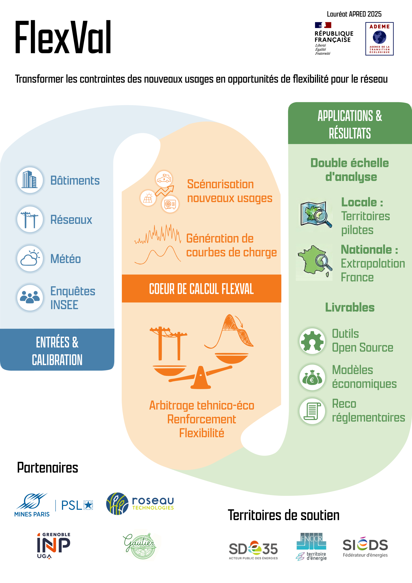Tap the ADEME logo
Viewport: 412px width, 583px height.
tap(379, 39)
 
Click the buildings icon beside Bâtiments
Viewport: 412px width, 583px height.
tap(30, 180)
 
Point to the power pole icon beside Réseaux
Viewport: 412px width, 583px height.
tap(30, 219)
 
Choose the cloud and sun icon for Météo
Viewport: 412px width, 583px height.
tap(30, 259)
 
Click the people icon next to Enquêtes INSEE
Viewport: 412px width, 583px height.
tap(30, 297)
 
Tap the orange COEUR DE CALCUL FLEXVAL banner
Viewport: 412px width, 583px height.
tap(201, 289)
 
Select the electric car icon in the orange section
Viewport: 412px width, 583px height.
tap(164, 179)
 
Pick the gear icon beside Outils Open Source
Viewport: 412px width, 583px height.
tap(312, 341)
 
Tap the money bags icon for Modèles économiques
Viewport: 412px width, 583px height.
tap(312, 377)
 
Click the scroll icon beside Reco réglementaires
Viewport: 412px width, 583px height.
tap(312, 411)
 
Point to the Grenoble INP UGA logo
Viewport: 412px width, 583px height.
tap(53, 545)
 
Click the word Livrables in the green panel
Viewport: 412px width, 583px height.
tap(350, 307)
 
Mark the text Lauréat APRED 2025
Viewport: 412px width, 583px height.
tap(354, 14)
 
